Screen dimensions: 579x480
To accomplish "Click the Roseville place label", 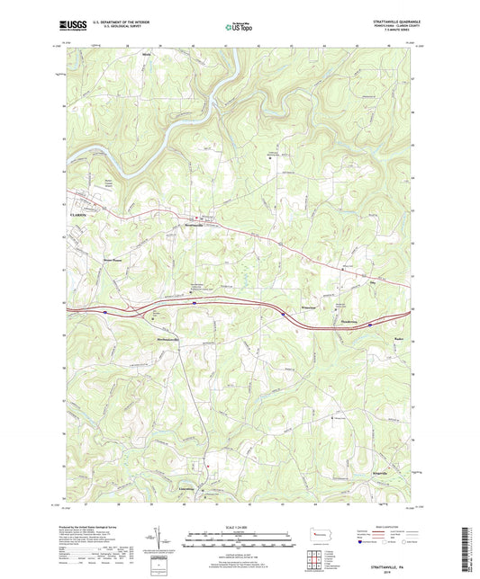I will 394,328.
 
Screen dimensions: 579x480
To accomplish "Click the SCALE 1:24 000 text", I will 239,526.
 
